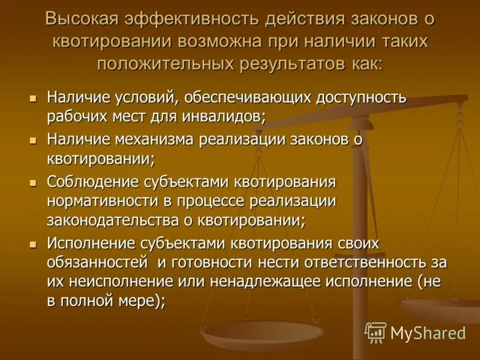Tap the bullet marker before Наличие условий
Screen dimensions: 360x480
(34, 97)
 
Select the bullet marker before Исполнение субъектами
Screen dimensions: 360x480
(34, 244)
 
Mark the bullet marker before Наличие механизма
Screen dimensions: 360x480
(34, 140)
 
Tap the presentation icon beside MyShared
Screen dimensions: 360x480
(376, 332)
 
